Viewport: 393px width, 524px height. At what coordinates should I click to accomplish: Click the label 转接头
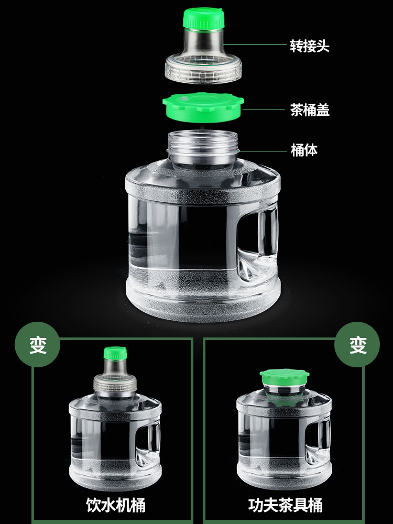click(309, 46)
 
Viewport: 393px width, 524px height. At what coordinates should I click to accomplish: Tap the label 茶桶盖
click(309, 110)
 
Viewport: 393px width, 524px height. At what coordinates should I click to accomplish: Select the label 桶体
click(304, 150)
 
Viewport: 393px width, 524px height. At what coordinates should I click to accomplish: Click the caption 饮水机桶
click(115, 505)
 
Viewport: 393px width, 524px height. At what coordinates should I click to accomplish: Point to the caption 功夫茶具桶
click(286, 505)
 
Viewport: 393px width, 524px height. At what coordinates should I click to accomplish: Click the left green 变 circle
click(38, 345)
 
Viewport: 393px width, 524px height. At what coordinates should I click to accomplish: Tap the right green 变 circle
click(357, 345)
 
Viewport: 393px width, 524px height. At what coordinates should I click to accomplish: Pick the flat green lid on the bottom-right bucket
click(284, 377)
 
